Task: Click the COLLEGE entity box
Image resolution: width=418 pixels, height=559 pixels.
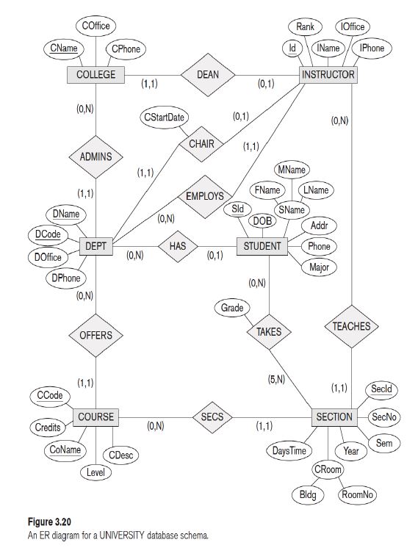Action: [96, 74]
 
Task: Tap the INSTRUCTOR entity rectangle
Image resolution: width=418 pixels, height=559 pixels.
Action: [328, 74]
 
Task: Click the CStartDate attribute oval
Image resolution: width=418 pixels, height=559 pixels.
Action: [165, 117]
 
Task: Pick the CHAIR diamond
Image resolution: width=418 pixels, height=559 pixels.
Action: [201, 143]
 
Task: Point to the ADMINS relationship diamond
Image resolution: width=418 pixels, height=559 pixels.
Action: [96, 156]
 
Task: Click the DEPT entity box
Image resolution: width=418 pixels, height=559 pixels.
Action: [96, 246]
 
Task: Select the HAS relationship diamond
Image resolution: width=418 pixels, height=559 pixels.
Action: [178, 246]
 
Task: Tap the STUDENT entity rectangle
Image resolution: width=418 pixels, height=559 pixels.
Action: [262, 246]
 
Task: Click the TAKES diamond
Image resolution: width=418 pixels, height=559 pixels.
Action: [269, 331]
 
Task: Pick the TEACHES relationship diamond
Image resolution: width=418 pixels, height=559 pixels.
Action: [351, 325]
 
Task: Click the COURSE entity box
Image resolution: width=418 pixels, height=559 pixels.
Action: [96, 416]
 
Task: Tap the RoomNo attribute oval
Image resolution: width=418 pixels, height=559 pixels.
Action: [358, 494]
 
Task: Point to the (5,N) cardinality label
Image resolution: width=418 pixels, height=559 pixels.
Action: [278, 379]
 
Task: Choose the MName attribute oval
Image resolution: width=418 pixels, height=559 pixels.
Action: [292, 170]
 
